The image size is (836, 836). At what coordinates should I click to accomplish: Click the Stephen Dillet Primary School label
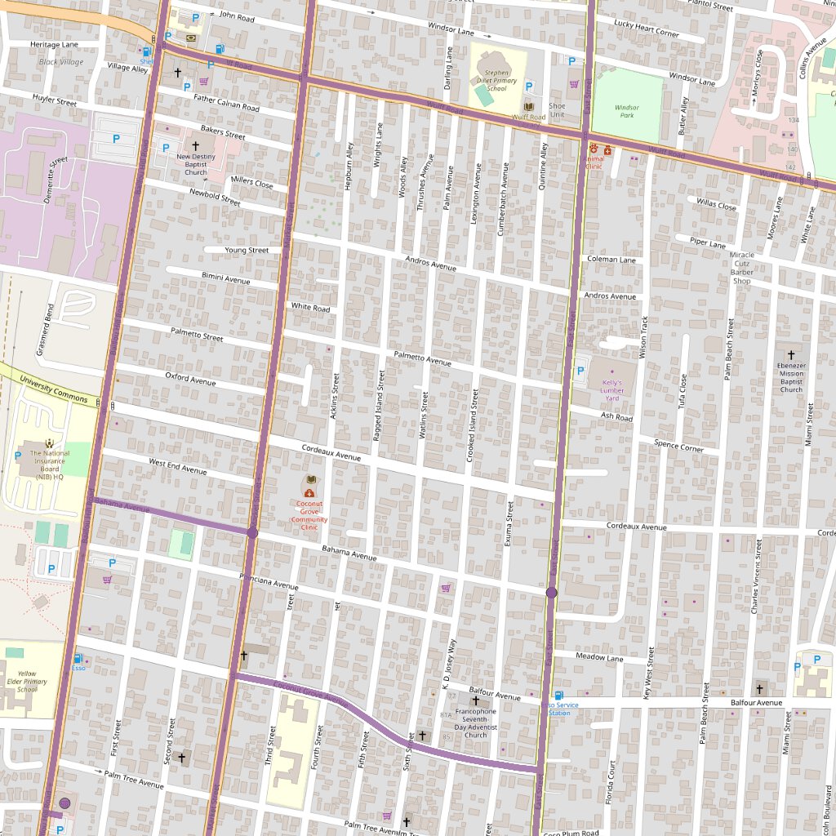[x=496, y=80]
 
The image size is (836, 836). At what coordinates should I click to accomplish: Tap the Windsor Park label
[x=626, y=110]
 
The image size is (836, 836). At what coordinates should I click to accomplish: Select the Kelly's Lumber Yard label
[x=611, y=390]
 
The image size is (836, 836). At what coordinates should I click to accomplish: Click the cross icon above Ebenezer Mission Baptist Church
[x=790, y=356]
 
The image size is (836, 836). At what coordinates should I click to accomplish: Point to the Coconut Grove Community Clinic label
[x=309, y=516]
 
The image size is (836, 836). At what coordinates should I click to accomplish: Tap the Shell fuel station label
[x=146, y=61]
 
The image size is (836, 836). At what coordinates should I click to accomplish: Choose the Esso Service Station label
[x=560, y=708]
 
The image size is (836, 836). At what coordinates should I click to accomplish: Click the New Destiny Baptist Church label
[x=195, y=164]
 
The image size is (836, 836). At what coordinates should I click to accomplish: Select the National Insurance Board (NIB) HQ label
[x=50, y=465]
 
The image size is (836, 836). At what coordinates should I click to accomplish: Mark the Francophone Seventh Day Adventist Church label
[x=475, y=723]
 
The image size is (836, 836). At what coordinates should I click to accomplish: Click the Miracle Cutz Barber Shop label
[x=741, y=268]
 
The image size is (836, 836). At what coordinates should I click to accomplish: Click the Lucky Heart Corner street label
[x=647, y=29]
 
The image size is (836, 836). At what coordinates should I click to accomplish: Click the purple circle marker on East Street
[x=551, y=593]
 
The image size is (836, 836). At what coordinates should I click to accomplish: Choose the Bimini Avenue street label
[x=225, y=278]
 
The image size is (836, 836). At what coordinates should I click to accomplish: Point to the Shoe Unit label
[x=557, y=109]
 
